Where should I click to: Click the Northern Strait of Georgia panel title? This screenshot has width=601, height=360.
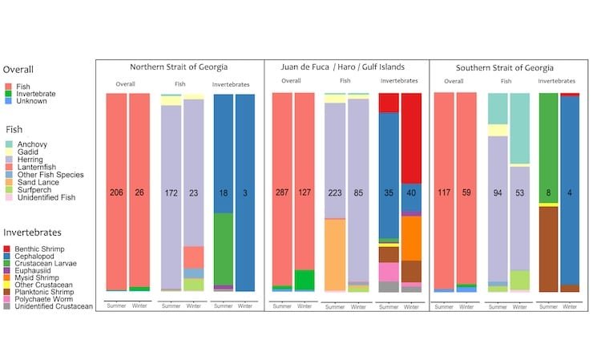click(x=179, y=67)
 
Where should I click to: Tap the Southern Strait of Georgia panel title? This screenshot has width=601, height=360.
click(x=504, y=67)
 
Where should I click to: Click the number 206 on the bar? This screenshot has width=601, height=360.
click(x=116, y=193)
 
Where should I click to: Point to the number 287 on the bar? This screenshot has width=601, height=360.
click(x=282, y=193)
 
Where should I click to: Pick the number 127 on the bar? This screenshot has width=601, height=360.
click(x=305, y=193)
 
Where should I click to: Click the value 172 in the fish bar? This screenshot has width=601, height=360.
click(x=171, y=193)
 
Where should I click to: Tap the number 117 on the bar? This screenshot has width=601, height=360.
click(x=443, y=193)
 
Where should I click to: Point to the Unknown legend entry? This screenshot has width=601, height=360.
click(x=32, y=101)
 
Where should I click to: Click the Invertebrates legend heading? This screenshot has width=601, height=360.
click(x=38, y=233)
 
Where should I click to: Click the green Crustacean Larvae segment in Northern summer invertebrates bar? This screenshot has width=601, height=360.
click(x=224, y=249)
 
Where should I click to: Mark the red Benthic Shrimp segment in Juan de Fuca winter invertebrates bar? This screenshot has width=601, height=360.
click(x=411, y=160)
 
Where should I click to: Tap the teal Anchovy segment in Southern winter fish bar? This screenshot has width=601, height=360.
click(x=519, y=128)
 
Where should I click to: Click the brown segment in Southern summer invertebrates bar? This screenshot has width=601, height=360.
click(x=548, y=249)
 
